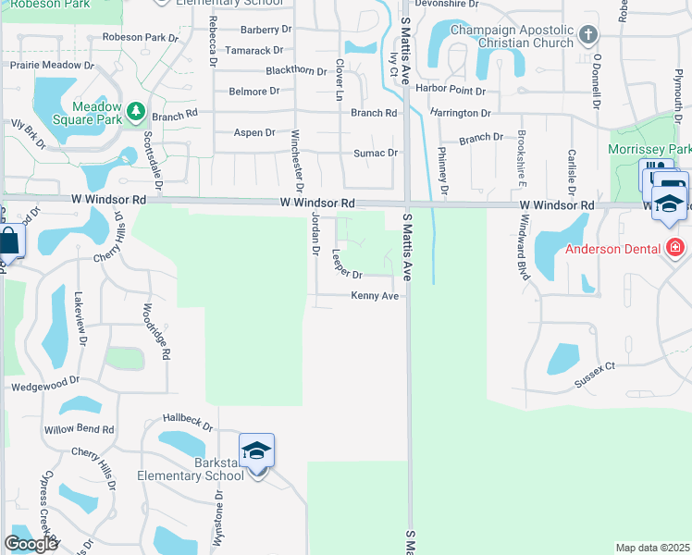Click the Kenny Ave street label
[x=375, y=296]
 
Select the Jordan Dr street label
[x=315, y=233]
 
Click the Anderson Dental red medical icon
[x=675, y=248]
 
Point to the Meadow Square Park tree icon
[x=136, y=112]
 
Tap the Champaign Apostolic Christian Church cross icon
[x=587, y=36]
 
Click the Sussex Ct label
[x=594, y=374]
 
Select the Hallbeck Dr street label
[x=188, y=422]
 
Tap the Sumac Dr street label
[x=376, y=154]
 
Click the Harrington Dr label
[x=460, y=113]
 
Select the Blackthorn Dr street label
[x=296, y=71]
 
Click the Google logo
[x=31, y=544]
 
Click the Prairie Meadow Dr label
[x=52, y=65]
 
